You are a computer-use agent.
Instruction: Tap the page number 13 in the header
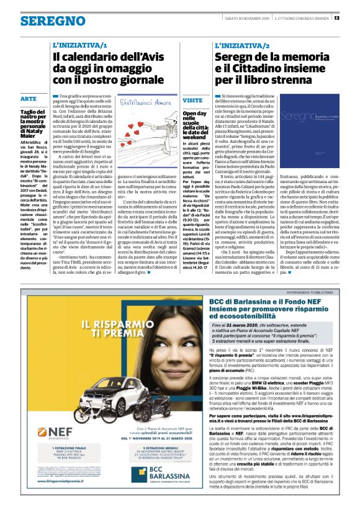(354, 17)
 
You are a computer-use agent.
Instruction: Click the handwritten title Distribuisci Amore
(145, 101)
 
